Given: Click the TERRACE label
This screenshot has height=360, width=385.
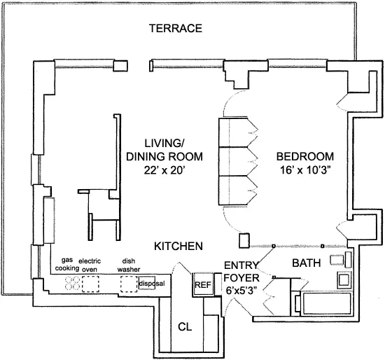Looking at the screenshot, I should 176,29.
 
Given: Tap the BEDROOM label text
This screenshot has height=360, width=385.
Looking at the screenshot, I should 304,155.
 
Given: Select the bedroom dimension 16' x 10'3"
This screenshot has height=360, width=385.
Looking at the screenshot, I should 304,169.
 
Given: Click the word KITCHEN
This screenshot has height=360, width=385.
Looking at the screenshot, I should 178,247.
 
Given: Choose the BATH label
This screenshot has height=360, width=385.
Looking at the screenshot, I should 306,263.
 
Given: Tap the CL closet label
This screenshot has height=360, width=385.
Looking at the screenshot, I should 185,326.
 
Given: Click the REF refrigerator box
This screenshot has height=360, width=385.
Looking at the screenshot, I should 203,285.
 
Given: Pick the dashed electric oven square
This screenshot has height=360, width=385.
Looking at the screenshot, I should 91,284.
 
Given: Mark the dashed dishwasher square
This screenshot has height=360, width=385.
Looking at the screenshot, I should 127,284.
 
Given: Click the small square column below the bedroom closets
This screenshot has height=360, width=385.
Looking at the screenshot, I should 244,241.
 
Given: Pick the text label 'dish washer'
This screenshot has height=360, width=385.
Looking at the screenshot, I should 127,263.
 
